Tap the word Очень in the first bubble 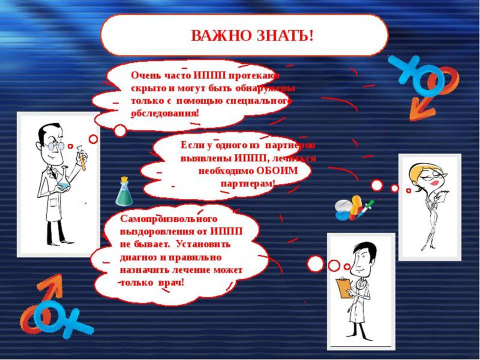click(x=143, y=75)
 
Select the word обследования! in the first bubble click(x=165, y=113)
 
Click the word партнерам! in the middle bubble click(x=248, y=183)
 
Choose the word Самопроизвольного click(x=168, y=219)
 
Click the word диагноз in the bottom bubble click(x=138, y=257)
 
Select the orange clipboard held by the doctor click(x=344, y=288)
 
